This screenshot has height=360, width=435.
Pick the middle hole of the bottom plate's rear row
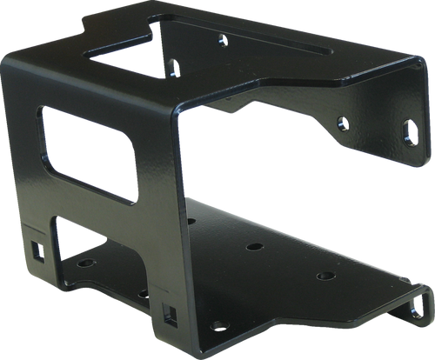pos(254,247)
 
